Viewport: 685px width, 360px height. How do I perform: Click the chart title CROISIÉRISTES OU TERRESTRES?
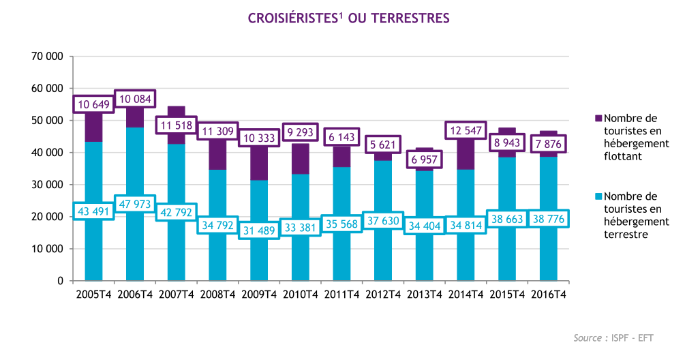(x=348, y=18)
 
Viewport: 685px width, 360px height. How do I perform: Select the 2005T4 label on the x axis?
(x=93, y=295)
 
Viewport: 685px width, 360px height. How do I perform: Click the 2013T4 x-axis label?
(x=424, y=295)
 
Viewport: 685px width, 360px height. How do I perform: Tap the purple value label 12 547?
(x=466, y=130)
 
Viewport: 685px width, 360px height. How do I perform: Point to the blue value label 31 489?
(x=259, y=230)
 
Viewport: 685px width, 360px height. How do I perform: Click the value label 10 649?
(x=94, y=104)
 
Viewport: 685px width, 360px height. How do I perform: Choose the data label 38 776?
(x=549, y=220)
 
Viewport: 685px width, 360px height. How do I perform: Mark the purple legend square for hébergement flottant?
(x=598, y=119)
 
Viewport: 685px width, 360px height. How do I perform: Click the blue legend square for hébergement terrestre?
(x=598, y=196)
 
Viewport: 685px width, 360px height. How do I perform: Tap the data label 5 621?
(x=383, y=145)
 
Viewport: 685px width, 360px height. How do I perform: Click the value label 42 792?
(x=177, y=211)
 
